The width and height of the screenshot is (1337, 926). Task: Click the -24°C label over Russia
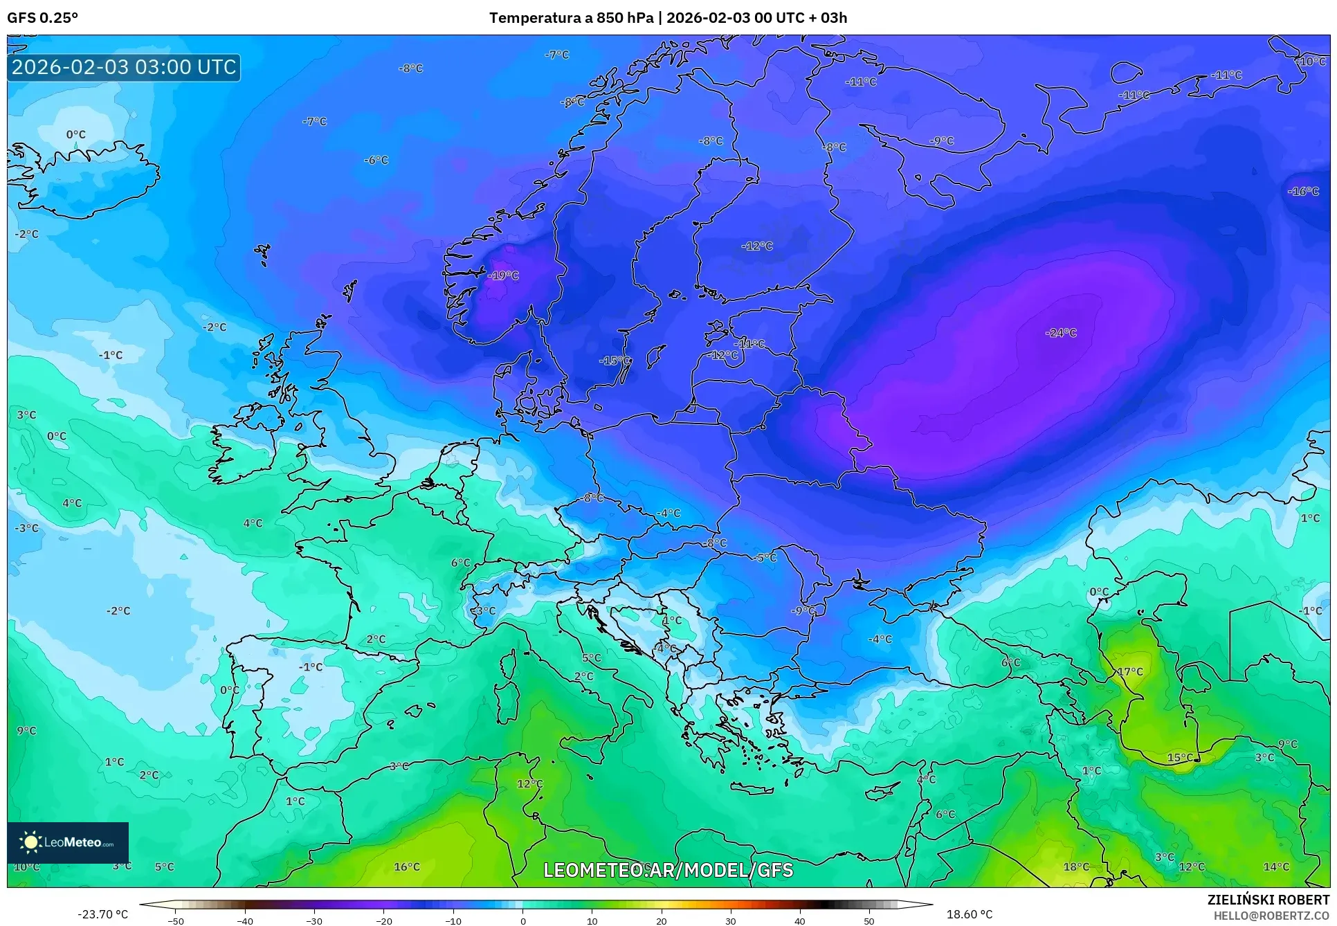tap(1061, 333)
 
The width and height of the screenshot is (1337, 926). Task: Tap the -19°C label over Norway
tap(503, 275)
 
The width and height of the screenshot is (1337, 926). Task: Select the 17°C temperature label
tap(1130, 671)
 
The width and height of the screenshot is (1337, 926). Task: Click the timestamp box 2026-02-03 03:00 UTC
tap(124, 67)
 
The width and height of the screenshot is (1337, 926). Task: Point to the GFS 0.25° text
tap(43, 18)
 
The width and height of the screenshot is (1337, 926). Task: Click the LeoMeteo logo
tap(68, 842)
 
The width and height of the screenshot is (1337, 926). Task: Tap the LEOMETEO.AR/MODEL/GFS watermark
tap(668, 870)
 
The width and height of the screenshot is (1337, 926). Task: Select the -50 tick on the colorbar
tap(176, 921)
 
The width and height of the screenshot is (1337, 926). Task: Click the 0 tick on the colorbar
tap(522, 921)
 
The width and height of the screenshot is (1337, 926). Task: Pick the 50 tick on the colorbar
tap(869, 921)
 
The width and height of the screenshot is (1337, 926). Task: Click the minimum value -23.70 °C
tap(102, 914)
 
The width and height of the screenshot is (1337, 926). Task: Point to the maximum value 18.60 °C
tap(970, 914)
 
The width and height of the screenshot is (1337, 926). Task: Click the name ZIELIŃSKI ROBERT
tap(1268, 900)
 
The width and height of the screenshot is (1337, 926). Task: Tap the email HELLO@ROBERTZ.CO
tap(1271, 916)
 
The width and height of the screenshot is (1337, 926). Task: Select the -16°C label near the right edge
tap(1304, 192)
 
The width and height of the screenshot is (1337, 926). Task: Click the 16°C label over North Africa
tap(407, 866)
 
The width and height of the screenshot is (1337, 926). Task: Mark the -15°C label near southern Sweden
tap(615, 361)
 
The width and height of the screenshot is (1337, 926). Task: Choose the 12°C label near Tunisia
tap(529, 783)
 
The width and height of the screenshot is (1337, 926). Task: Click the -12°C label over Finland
tap(757, 246)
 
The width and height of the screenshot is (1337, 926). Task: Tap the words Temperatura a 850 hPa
tap(571, 18)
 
